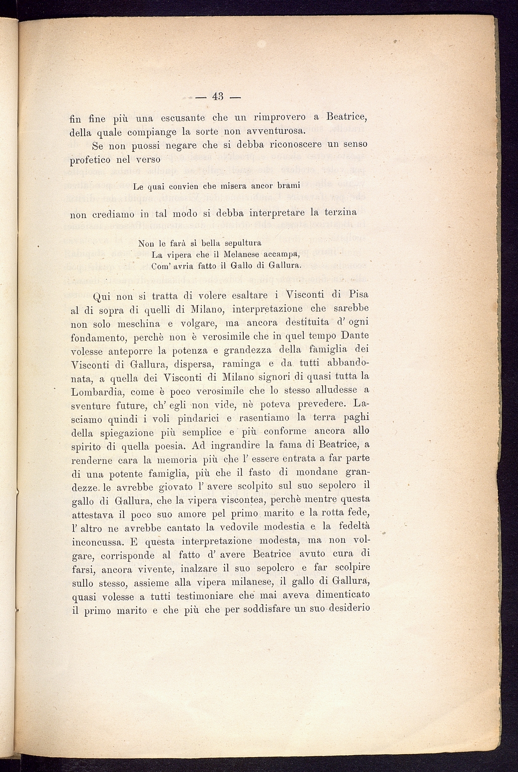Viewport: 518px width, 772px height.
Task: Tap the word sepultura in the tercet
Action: pyautogui.click(x=243, y=244)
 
